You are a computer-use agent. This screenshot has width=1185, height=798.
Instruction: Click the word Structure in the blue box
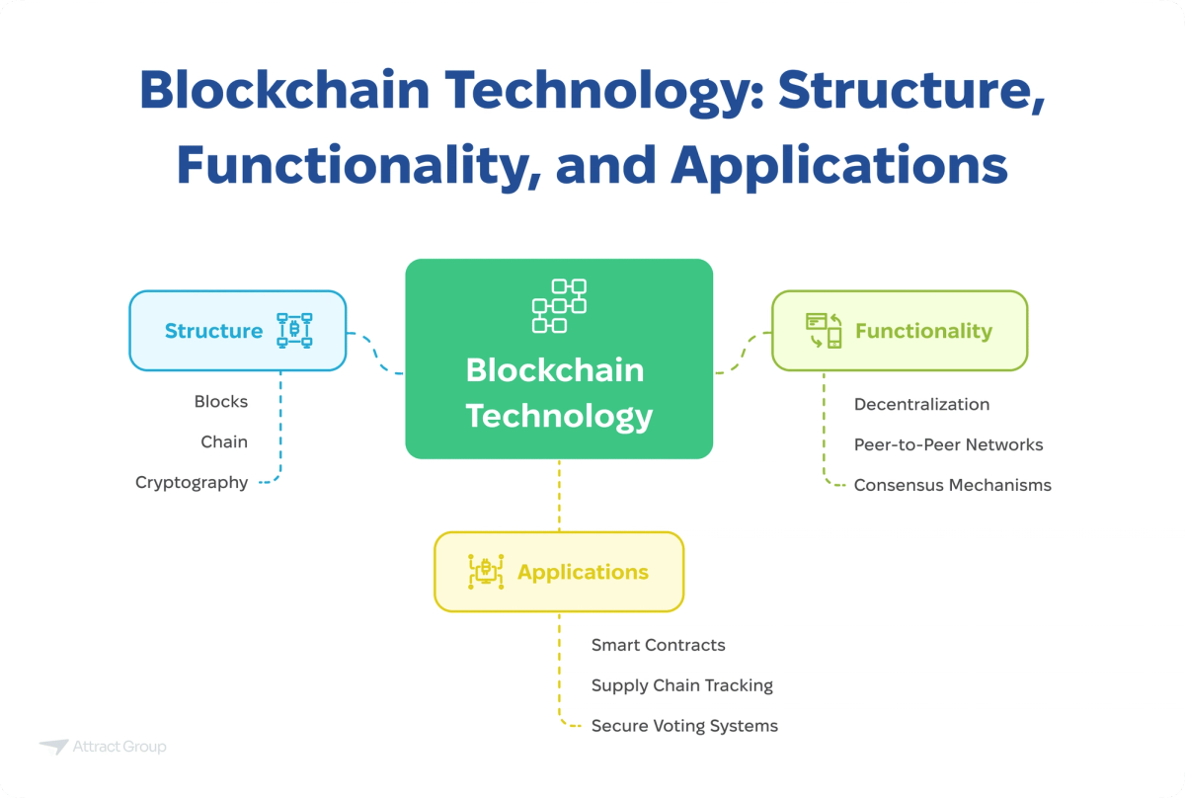tap(213, 331)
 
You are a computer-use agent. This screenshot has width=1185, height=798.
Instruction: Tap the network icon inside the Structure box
tap(294, 331)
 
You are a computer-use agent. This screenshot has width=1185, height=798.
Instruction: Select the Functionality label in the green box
tap(923, 331)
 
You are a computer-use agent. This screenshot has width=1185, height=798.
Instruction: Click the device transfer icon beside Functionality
tap(824, 331)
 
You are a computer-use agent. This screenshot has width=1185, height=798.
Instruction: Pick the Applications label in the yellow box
tap(583, 572)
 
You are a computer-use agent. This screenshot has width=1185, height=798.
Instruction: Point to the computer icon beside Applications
tap(485, 572)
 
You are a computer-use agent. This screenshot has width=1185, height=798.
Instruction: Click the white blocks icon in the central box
tap(559, 305)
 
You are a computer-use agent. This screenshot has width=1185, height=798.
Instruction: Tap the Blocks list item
tap(221, 402)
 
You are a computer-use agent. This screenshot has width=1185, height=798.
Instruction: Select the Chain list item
tap(224, 441)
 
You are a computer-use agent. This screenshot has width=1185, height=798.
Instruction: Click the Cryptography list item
tap(192, 483)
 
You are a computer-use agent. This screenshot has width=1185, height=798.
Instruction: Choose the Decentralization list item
tap(921, 404)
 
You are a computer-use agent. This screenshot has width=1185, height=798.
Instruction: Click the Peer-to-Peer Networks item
tap(948, 444)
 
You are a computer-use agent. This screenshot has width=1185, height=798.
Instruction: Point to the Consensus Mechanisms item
tap(952, 485)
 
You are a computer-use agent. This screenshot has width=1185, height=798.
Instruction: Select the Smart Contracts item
tap(658, 645)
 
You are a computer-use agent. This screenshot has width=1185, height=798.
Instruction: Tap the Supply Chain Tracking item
tap(681, 685)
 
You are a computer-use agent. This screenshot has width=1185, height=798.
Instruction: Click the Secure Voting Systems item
tap(684, 726)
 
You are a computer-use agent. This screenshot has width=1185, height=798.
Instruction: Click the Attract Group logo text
tap(119, 747)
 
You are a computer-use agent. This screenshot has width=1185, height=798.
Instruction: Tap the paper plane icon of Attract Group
tap(53, 748)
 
